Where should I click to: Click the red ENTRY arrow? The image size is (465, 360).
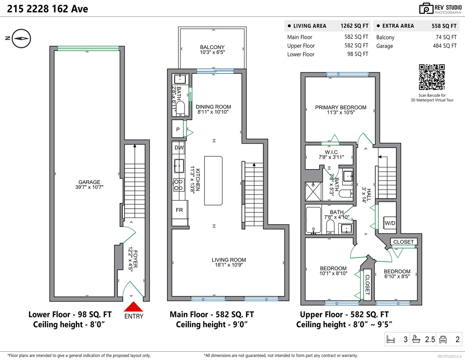tap(133, 307)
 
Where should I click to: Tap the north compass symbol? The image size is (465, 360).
tap(21, 39)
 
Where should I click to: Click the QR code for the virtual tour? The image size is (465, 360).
tap(432, 77)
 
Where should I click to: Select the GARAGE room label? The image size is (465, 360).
tap(89, 182)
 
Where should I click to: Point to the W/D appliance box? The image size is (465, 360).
tap(390, 223)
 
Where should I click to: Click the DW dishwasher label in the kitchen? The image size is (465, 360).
tap(179, 148)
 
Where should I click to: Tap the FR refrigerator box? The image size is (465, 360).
tap(180, 210)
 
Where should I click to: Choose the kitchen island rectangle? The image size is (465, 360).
tap(213, 181)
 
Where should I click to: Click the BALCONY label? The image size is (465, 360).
tap(212, 47)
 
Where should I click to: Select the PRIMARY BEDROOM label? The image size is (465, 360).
tap(341, 107)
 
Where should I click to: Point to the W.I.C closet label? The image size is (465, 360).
tap(331, 152)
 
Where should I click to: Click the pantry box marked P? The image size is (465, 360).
tap(178, 129)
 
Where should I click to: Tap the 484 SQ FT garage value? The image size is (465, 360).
tap(445, 45)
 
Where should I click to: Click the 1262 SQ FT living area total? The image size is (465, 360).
tap(354, 26)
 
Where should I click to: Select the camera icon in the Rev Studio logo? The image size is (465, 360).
tap(426, 8)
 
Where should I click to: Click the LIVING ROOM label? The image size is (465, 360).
tap(229, 260)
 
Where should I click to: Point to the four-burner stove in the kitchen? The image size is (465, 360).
tap(178, 185)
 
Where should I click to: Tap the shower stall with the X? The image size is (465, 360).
tap(313, 192)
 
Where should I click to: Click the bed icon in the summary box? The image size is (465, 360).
tap(391, 339)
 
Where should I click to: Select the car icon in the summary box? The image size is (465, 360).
tap(443, 339)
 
